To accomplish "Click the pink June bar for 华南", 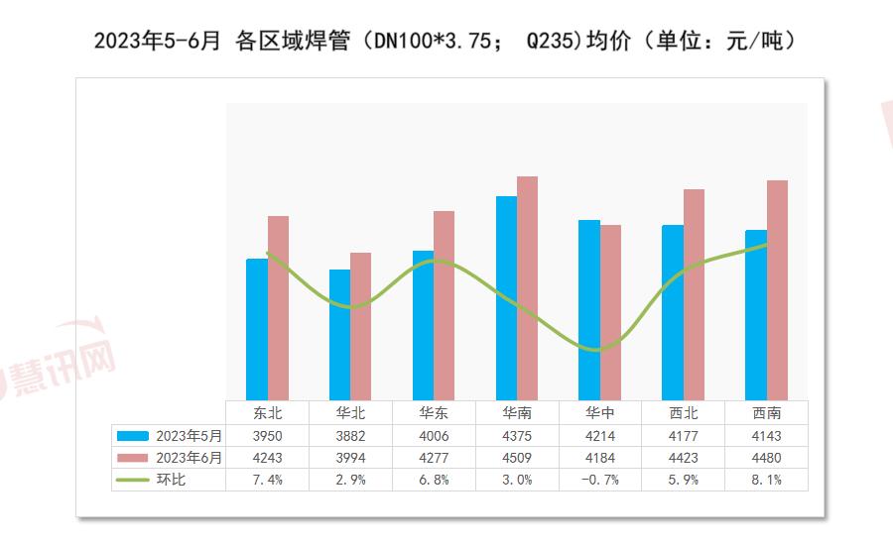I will click(x=527, y=287).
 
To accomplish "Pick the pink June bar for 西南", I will click(x=777, y=289).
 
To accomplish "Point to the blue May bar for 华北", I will click(x=339, y=334).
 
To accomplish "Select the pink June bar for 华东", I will click(x=444, y=305).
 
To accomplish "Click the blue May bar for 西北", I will click(x=673, y=312).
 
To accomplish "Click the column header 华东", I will click(x=433, y=413).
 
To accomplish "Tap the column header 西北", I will click(x=683, y=413).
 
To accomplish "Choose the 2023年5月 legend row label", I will click(x=189, y=436).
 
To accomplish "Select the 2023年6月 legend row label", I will click(x=189, y=458).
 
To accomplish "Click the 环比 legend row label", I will click(x=171, y=480).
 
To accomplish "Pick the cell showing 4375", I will click(x=516, y=436).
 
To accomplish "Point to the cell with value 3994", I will click(x=349, y=458).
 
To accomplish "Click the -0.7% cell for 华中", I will click(x=599, y=480).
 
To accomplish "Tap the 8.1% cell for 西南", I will click(x=766, y=480).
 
